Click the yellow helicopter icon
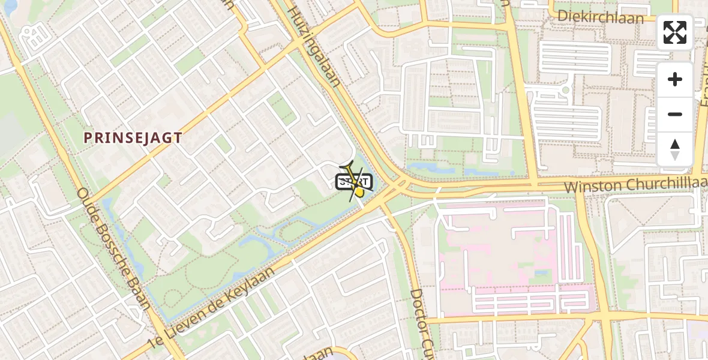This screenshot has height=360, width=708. (355, 182)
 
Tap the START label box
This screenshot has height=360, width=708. (354, 181)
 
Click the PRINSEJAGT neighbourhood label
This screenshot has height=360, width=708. (133, 137)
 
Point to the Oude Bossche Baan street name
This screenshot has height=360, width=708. (113, 248)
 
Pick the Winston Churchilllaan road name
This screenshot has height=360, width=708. (635, 185)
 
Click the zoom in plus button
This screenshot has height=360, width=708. (675, 79)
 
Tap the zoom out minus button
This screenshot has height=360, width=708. (675, 114)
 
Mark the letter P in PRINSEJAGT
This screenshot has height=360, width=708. (88, 137)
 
